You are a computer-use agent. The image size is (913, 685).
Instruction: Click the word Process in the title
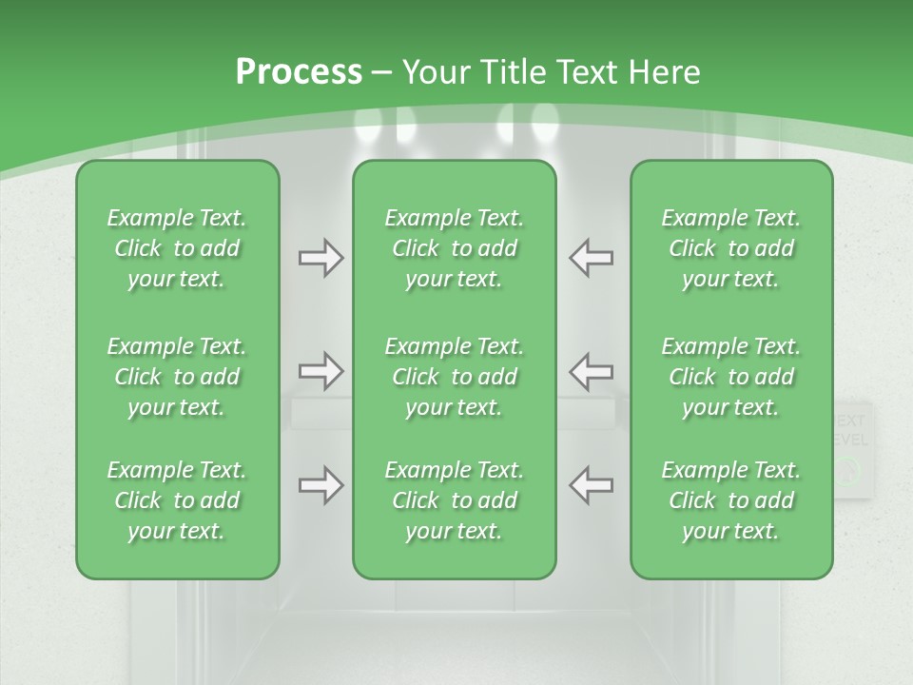click(299, 72)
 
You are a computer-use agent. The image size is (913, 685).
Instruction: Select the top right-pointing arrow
click(321, 258)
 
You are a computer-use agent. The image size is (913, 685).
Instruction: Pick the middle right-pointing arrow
click(321, 370)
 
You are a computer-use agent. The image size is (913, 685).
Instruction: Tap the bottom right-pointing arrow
click(321, 485)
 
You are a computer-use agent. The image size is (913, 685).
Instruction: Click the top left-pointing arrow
click(591, 258)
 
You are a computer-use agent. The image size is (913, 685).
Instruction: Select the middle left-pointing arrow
click(591, 370)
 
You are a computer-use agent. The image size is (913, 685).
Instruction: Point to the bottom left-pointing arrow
click(591, 485)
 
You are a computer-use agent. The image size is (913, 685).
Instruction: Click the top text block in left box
click(177, 248)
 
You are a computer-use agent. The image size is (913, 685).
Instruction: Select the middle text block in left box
click(177, 377)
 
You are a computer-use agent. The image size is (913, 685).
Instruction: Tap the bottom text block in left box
click(177, 500)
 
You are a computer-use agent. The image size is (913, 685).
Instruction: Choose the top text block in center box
click(454, 248)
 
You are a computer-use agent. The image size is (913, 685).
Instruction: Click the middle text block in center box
click(454, 377)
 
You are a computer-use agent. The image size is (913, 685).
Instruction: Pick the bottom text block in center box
click(454, 500)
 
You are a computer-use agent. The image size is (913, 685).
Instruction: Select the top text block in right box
click(730, 248)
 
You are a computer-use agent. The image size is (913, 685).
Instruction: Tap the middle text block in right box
click(730, 377)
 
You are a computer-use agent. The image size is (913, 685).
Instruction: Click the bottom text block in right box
click(730, 500)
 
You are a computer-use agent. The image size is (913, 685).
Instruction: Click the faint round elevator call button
click(848, 469)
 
